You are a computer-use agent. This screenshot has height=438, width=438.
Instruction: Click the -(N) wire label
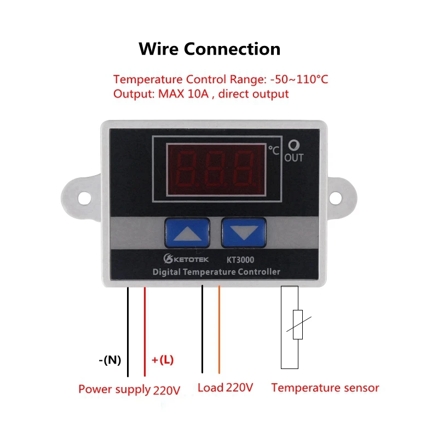(110, 360)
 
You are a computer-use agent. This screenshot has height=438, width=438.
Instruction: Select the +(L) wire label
(163, 360)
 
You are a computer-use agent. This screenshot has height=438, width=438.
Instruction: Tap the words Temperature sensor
(325, 388)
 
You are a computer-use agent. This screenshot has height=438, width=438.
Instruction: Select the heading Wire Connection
(209, 49)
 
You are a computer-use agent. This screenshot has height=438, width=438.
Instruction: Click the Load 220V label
(225, 388)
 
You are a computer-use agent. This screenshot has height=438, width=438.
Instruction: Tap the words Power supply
(114, 389)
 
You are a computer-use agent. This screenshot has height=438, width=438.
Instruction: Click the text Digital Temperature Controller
(216, 272)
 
